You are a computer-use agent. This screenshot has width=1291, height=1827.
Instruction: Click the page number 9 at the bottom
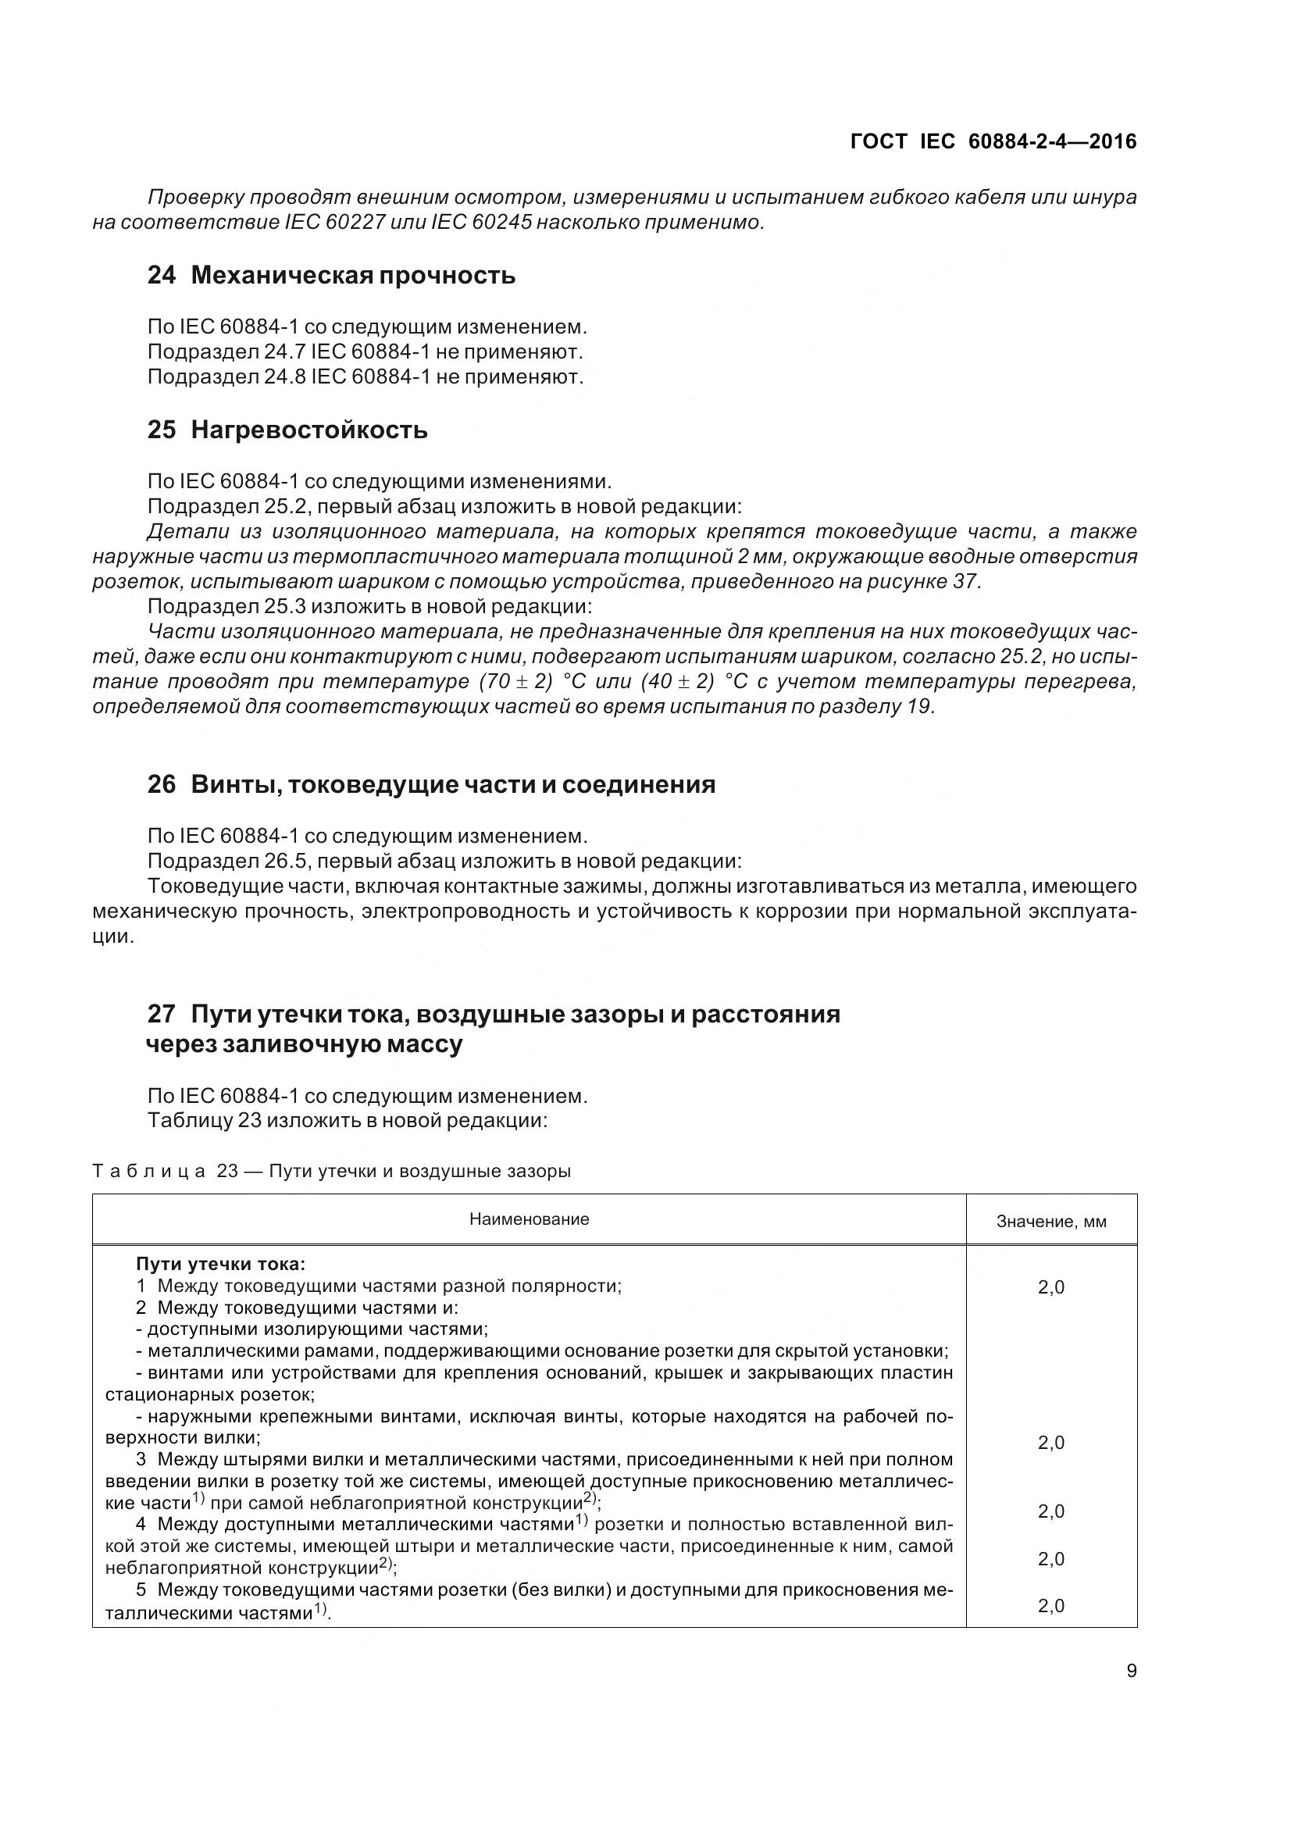click(1131, 1670)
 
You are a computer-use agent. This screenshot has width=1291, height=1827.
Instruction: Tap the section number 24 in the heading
click(162, 275)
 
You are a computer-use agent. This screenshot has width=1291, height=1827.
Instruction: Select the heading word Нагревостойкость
click(309, 430)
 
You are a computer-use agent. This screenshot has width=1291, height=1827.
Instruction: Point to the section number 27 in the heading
click(162, 1015)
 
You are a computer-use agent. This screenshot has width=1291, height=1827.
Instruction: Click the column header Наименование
click(529, 1219)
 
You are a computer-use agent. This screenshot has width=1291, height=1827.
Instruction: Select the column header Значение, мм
click(1050, 1222)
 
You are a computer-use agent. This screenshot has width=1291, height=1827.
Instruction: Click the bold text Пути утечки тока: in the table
click(220, 1264)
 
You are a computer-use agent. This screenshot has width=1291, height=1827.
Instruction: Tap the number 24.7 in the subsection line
click(285, 351)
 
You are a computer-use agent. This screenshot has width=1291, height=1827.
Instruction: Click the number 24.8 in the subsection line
click(285, 376)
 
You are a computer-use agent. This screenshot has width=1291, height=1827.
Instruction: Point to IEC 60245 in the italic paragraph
click(480, 222)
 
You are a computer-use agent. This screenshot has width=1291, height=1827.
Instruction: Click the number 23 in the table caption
click(227, 1172)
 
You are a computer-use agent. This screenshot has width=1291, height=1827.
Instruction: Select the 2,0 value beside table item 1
click(1050, 1287)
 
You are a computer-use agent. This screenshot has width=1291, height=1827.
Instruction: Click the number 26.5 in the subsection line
click(285, 861)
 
